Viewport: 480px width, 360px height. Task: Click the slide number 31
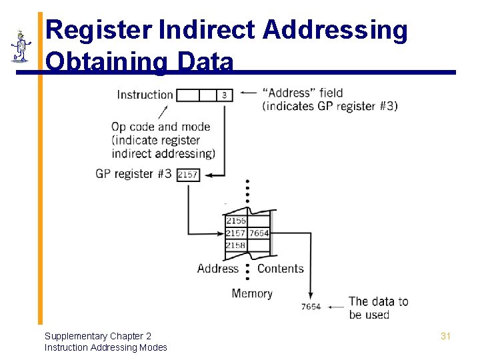pyautogui.click(x=445, y=336)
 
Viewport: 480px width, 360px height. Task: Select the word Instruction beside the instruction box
pyautogui.click(x=145, y=95)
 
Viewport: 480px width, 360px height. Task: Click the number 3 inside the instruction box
pyautogui.click(x=224, y=95)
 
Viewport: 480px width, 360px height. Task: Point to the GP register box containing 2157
pyautogui.click(x=189, y=175)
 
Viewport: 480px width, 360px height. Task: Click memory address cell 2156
pyautogui.click(x=236, y=221)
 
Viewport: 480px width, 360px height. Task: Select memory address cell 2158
pyautogui.click(x=236, y=245)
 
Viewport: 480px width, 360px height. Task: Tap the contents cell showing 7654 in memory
pyautogui.click(x=259, y=233)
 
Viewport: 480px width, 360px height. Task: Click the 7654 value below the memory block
pyautogui.click(x=311, y=307)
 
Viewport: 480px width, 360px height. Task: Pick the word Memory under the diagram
pyautogui.click(x=252, y=293)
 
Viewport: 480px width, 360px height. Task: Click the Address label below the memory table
pyautogui.click(x=217, y=269)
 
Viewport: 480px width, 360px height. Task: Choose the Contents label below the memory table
pyautogui.click(x=280, y=269)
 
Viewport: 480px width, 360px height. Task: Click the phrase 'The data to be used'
pyautogui.click(x=378, y=308)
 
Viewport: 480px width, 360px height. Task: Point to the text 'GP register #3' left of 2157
pyautogui.click(x=133, y=174)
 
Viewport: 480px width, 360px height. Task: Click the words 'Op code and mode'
pyautogui.click(x=161, y=127)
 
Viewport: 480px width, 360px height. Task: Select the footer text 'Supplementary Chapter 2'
pyautogui.click(x=98, y=336)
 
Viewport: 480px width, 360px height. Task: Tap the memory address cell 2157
pyautogui.click(x=236, y=233)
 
